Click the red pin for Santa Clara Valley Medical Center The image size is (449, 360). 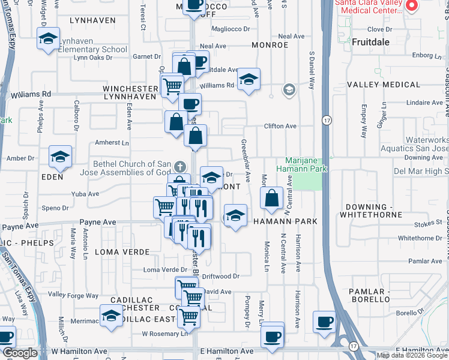412,6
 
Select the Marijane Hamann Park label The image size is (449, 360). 302,164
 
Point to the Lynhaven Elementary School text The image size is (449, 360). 92,49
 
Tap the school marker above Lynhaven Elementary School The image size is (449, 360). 48,40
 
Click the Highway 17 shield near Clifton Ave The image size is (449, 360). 326,120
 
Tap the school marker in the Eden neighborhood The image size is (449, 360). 60,157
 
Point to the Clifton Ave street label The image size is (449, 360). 281,127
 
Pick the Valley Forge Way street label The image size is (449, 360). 73,295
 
